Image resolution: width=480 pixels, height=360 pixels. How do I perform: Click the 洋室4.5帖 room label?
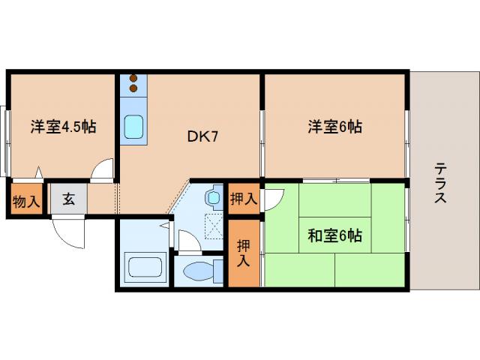click(63, 127)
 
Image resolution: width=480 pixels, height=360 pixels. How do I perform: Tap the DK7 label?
click(202, 136)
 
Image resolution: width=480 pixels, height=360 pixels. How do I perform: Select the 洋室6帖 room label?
click(334, 127)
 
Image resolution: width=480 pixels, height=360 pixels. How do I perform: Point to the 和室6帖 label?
click(334, 235)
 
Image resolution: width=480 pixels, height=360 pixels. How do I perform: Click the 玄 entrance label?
click(68, 199)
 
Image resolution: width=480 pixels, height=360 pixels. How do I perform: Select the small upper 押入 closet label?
click(244, 198)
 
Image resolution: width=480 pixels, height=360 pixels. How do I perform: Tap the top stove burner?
click(134, 77)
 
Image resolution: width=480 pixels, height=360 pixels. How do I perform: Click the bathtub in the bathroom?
click(144, 267)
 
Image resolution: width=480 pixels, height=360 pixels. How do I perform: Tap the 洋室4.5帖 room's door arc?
click(102, 171)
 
